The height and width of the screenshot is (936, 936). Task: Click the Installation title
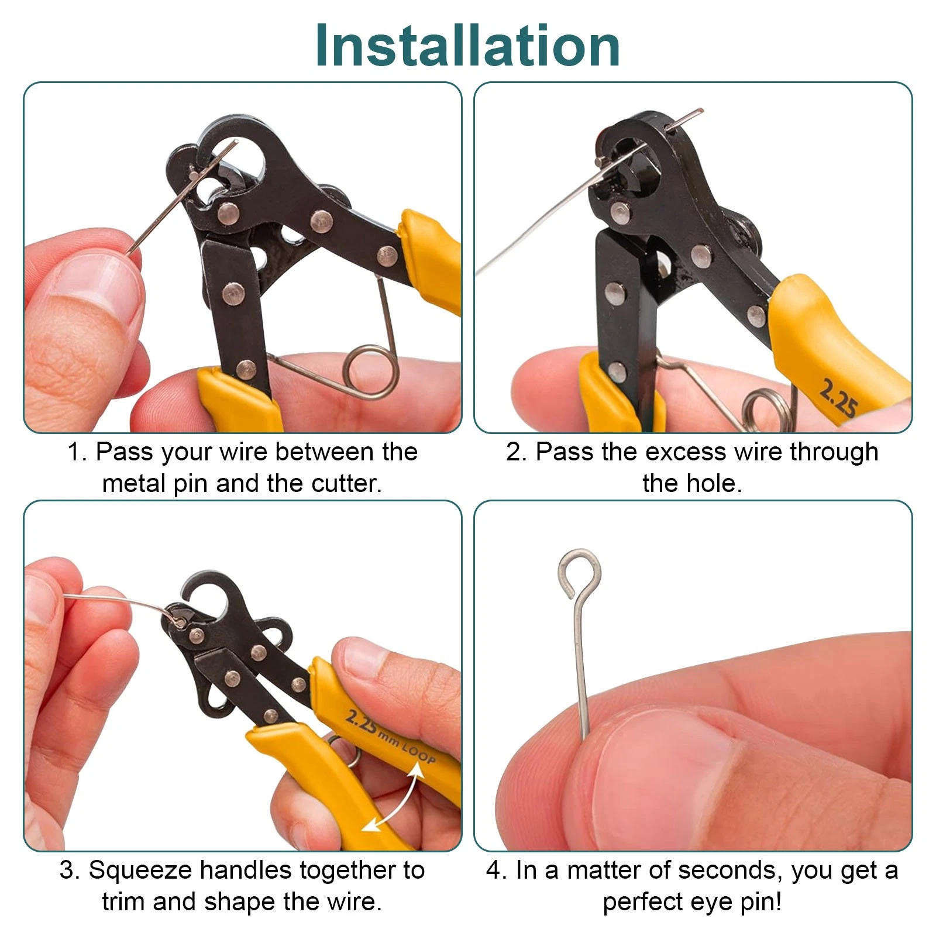pos(467,46)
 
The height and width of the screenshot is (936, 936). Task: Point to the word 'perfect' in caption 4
pos(642,901)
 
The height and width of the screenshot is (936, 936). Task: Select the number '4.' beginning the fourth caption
pos(496,870)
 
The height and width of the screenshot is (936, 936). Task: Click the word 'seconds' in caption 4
pos(731,870)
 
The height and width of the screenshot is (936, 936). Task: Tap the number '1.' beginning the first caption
pos(78,452)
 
